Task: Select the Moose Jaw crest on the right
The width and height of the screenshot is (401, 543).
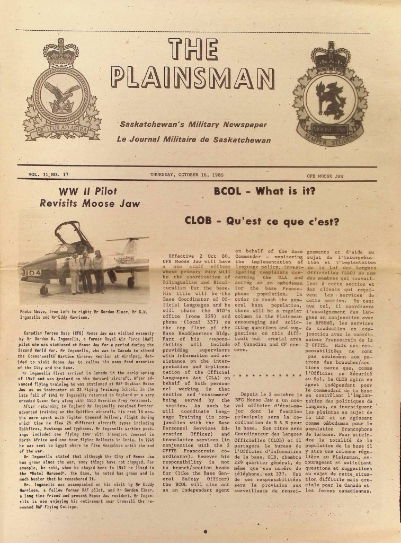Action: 330,101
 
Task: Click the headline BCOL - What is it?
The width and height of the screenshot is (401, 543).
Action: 264,191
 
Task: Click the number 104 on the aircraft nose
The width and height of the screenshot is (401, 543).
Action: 31,273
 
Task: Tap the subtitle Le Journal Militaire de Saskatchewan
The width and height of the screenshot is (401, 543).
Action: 193,140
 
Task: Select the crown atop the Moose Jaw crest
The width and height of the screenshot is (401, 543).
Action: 331,56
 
